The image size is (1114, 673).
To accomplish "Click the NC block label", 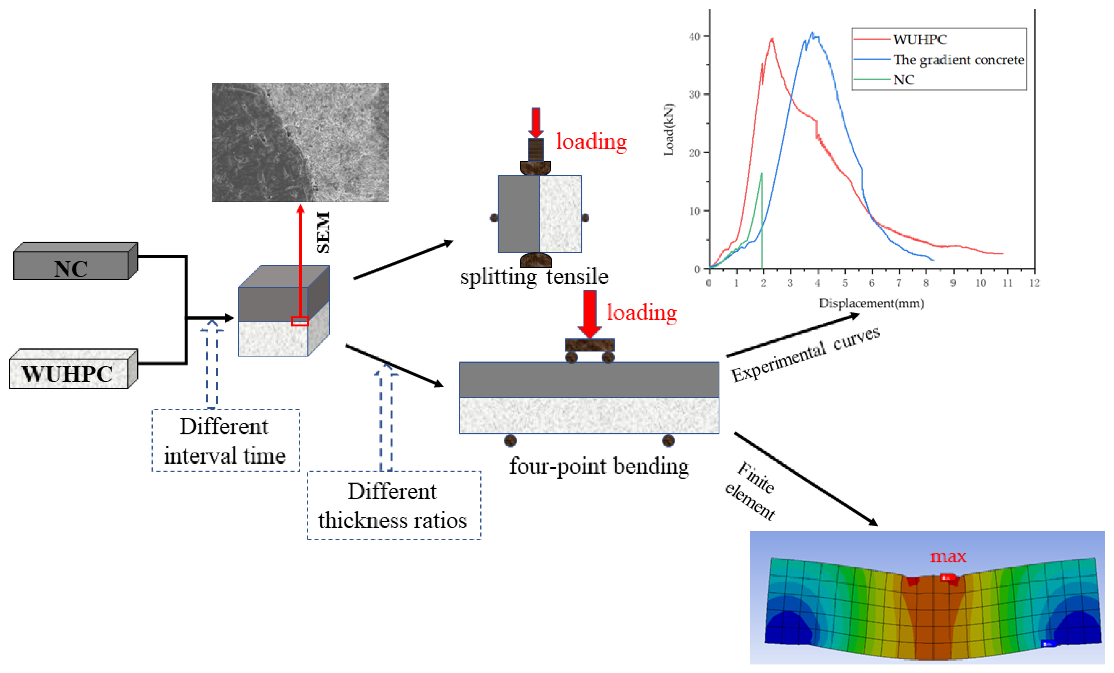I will pyautogui.click(x=71, y=269).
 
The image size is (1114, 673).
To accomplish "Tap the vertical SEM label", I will pyautogui.click(x=323, y=232).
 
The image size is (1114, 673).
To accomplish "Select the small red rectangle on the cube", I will pyautogui.click(x=299, y=321).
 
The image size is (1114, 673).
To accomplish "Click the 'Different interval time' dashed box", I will pyautogui.click(x=225, y=440).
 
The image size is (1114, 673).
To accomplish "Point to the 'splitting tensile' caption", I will pyautogui.click(x=534, y=276).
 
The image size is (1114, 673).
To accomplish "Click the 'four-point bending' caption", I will pyautogui.click(x=599, y=466).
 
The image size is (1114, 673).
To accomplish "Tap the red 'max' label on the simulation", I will pyautogui.click(x=948, y=556).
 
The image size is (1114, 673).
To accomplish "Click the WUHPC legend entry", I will pyautogui.click(x=920, y=40).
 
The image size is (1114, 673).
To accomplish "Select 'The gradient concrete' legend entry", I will pyautogui.click(x=958, y=60).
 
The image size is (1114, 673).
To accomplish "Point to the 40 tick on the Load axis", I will pyautogui.click(x=695, y=36).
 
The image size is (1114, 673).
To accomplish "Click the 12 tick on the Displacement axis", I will pyautogui.click(x=1034, y=283).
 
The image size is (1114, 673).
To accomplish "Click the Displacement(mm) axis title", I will pyautogui.click(x=871, y=303).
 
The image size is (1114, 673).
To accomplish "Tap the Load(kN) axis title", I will pyautogui.click(x=669, y=130).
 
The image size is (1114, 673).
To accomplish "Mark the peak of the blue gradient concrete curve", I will pyautogui.click(x=813, y=33).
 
